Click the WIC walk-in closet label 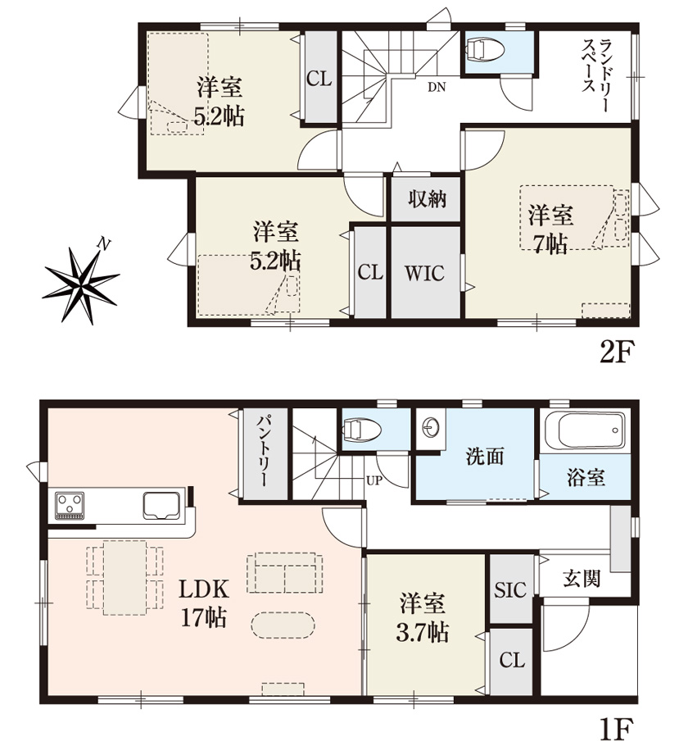pos(424,273)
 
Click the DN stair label pos(437,87)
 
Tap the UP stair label pos(373,480)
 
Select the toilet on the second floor pos(485,50)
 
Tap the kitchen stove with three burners pos(70,506)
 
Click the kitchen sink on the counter pos(161,506)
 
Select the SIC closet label pos(510,589)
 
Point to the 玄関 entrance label pos(582,578)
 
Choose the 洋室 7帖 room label pos(550,229)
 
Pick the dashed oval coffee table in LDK pos(283,625)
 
